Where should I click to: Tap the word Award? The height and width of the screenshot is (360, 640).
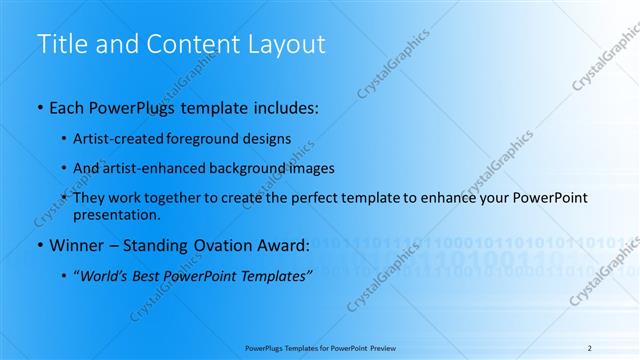tap(285, 245)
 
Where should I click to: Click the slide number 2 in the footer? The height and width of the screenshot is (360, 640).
tap(589, 347)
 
